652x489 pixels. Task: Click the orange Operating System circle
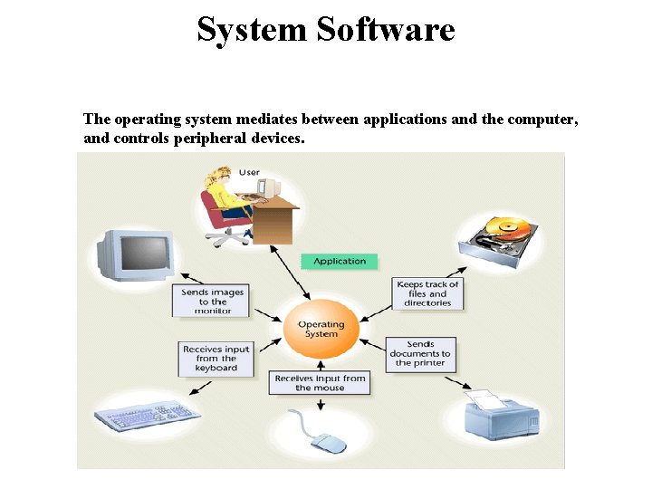[321, 329]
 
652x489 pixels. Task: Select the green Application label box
[340, 262]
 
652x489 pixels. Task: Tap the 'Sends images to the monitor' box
[213, 302]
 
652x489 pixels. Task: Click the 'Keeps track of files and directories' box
[428, 293]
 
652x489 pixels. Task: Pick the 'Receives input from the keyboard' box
[216, 359]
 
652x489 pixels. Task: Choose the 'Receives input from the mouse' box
[320, 383]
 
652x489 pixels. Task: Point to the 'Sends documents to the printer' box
[419, 354]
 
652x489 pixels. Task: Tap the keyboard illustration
[148, 417]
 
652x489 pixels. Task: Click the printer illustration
[501, 417]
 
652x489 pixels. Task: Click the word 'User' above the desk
[249, 172]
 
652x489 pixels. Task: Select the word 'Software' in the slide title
[387, 30]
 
